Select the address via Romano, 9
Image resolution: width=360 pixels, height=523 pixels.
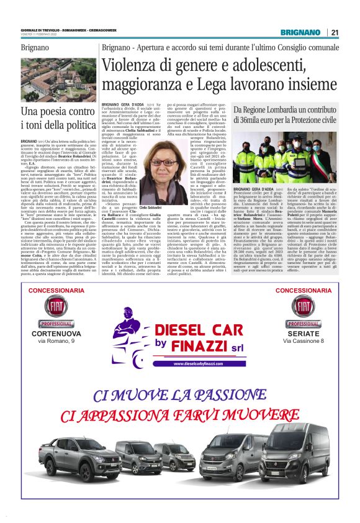[56, 342]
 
